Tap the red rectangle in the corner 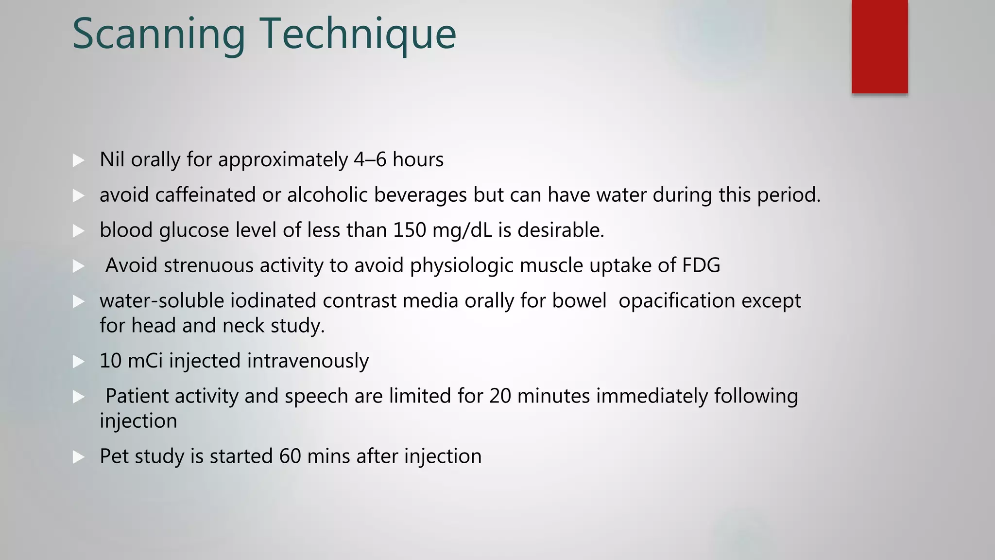pyautogui.click(x=879, y=47)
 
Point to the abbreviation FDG pyautogui.click(x=701, y=265)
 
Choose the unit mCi pyautogui.click(x=145, y=361)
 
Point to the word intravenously pyautogui.click(x=308, y=361)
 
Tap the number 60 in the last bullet pyautogui.click(x=290, y=456)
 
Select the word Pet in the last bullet pyautogui.click(x=114, y=456)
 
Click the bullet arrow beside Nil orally pyautogui.click(x=78, y=160)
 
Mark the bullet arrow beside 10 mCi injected pyautogui.click(x=78, y=361)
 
